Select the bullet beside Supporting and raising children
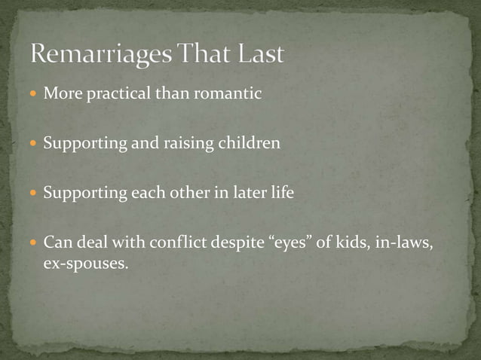33,144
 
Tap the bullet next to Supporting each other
33,193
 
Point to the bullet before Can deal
33,243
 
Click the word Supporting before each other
85,193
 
